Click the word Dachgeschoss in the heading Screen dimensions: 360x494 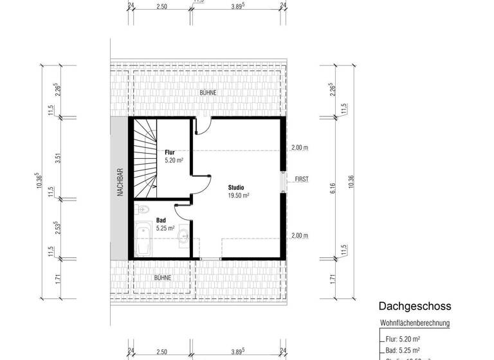(414, 307)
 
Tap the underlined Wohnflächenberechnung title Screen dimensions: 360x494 (414, 323)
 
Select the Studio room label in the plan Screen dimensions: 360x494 (236, 187)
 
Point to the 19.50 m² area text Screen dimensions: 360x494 (238, 195)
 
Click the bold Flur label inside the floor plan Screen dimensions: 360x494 (170, 152)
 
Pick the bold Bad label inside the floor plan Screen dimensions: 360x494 (161, 220)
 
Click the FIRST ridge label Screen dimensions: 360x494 (302, 179)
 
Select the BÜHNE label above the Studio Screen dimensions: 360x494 (208, 93)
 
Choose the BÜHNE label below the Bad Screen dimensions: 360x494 (162, 277)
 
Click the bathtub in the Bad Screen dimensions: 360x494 (143, 238)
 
